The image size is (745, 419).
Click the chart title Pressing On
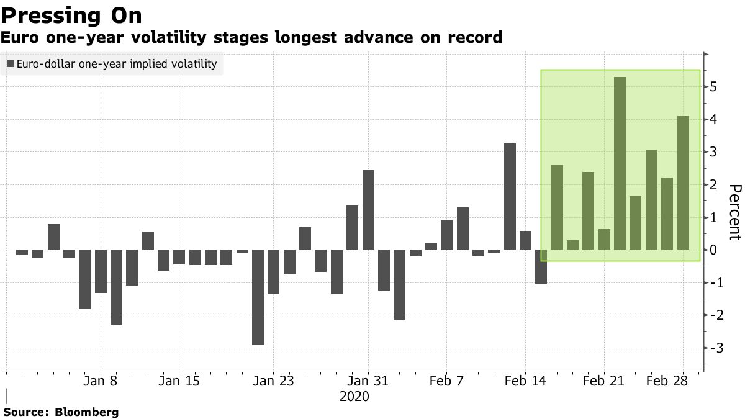71,15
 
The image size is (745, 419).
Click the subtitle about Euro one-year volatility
251,38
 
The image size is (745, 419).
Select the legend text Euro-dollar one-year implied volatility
117,64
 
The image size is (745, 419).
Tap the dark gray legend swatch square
10,64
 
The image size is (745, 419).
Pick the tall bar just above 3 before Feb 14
510,197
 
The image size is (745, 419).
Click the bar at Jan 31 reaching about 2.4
368,210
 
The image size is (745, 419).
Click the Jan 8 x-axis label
101,381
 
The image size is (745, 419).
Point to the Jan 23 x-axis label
274,381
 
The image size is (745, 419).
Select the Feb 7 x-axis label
447,381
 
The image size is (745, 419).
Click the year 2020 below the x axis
354,396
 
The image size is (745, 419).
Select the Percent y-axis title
734,212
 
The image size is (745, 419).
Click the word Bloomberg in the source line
87,412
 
